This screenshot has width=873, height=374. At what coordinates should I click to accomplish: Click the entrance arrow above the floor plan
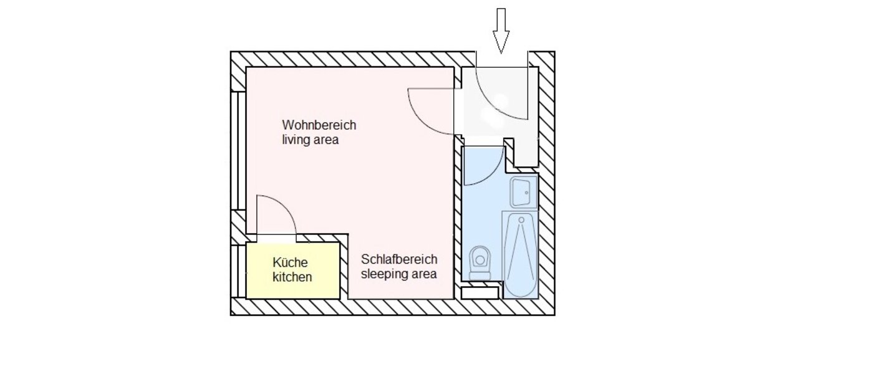pyautogui.click(x=501, y=30)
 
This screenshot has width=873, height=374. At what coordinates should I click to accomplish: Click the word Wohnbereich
pyautogui.click(x=319, y=125)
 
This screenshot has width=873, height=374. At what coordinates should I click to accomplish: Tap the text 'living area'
pyautogui.click(x=310, y=140)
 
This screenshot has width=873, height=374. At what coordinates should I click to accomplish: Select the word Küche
pyautogui.click(x=290, y=262)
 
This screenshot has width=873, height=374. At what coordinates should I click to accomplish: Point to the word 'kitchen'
pyautogui.click(x=292, y=277)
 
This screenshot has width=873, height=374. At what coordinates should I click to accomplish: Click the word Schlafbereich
pyautogui.click(x=399, y=259)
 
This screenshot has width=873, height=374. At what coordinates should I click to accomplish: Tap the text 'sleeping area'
pyautogui.click(x=399, y=274)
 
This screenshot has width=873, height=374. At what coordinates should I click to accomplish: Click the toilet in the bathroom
pyautogui.click(x=480, y=262)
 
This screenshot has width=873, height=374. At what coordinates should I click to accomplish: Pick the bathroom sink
pyautogui.click(x=523, y=191)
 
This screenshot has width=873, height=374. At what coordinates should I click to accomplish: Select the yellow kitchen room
pyautogui.click(x=293, y=270)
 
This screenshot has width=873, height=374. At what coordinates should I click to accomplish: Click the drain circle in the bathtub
pyautogui.click(x=519, y=220)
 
